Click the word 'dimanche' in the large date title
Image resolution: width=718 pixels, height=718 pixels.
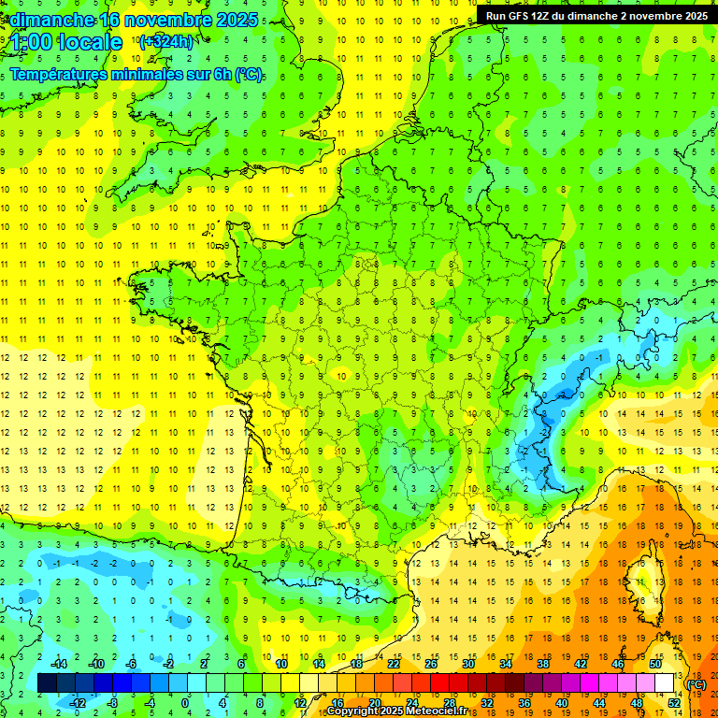51,20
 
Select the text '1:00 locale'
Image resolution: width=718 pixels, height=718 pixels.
66,42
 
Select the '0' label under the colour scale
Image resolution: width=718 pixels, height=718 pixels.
185,702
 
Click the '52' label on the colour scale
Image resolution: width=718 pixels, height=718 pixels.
674,702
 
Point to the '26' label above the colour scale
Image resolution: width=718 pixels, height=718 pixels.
431,663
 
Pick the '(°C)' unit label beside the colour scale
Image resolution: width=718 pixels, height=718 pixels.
696,683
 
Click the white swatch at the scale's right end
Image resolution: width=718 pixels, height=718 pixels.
665,683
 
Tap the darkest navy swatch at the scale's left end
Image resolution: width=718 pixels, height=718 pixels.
48,683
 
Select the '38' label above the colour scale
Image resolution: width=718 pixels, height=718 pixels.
543,663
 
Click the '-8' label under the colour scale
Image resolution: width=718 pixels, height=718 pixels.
113,702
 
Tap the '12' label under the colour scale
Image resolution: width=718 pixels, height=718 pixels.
300,702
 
